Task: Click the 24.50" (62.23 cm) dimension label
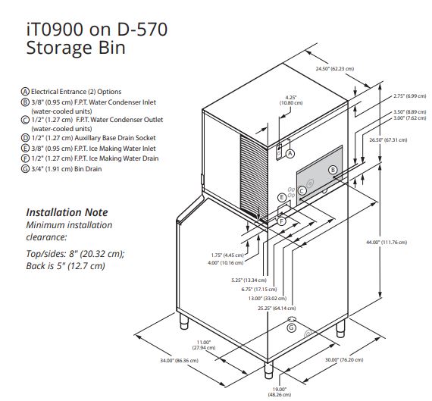[335, 69]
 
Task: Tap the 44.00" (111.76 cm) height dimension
[387, 243]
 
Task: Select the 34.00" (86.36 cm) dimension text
[179, 361]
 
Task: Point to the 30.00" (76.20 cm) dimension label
[344, 359]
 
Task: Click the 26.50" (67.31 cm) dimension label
[388, 139]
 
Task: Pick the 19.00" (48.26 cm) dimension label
[280, 392]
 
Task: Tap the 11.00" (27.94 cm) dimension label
[204, 345]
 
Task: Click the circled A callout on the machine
[290, 154]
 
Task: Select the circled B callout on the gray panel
[333, 170]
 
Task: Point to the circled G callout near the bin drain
[291, 328]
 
